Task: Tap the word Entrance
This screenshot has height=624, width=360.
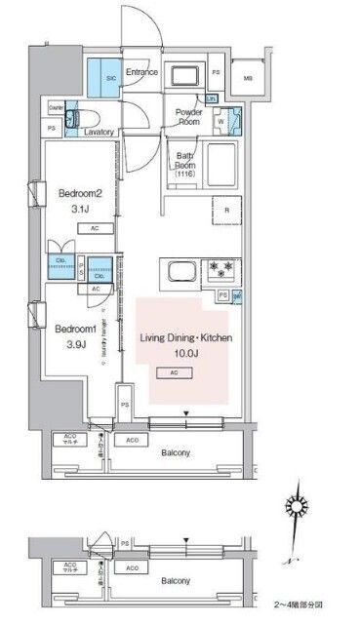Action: point(141,72)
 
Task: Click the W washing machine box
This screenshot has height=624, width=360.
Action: point(220,122)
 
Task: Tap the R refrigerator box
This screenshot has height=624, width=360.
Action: point(226,209)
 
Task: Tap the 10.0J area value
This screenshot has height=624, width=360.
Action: point(185,353)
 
